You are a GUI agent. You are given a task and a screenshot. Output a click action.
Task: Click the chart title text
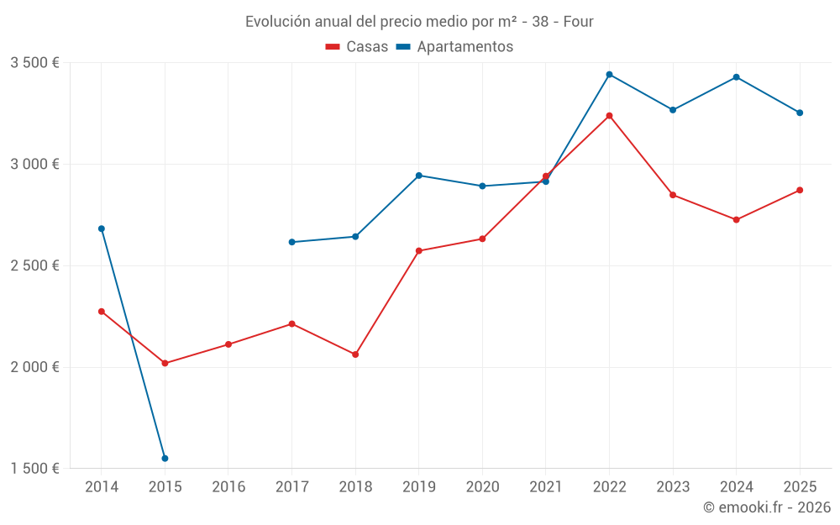coord(419,21)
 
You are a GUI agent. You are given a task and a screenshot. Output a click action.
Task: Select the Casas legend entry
coord(357,47)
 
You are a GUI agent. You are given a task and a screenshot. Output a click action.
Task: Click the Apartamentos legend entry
coord(454,47)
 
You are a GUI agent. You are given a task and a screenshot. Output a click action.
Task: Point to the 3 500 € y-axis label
coord(34,63)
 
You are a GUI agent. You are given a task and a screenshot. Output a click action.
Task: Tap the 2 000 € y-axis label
coord(34,367)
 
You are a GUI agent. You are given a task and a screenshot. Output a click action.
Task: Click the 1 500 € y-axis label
coord(34,469)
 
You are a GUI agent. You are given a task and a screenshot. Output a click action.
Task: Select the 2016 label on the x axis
coord(228,487)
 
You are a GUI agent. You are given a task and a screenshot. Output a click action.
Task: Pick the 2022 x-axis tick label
coord(609,487)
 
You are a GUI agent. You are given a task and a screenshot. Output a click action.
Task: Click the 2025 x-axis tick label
coord(800,487)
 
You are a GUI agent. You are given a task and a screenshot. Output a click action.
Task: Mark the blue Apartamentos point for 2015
coord(165,459)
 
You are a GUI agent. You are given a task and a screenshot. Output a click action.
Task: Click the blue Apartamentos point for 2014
coord(102,228)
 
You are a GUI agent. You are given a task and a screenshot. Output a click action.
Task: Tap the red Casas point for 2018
coord(355,354)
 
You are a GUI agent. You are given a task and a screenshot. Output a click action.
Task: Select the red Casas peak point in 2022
coord(609,116)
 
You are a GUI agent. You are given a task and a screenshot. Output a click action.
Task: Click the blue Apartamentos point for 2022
coord(609,75)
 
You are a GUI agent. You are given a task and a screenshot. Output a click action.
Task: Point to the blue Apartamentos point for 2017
coord(291,242)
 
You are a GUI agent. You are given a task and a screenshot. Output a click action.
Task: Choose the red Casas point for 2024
coord(736,220)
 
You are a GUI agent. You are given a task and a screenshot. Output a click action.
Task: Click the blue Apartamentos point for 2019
coord(418,176)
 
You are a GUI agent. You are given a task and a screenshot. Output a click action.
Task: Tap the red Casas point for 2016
coord(228,344)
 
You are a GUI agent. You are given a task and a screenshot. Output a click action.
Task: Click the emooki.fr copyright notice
coord(766,507)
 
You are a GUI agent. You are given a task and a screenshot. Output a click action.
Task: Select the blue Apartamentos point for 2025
coord(800,113)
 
